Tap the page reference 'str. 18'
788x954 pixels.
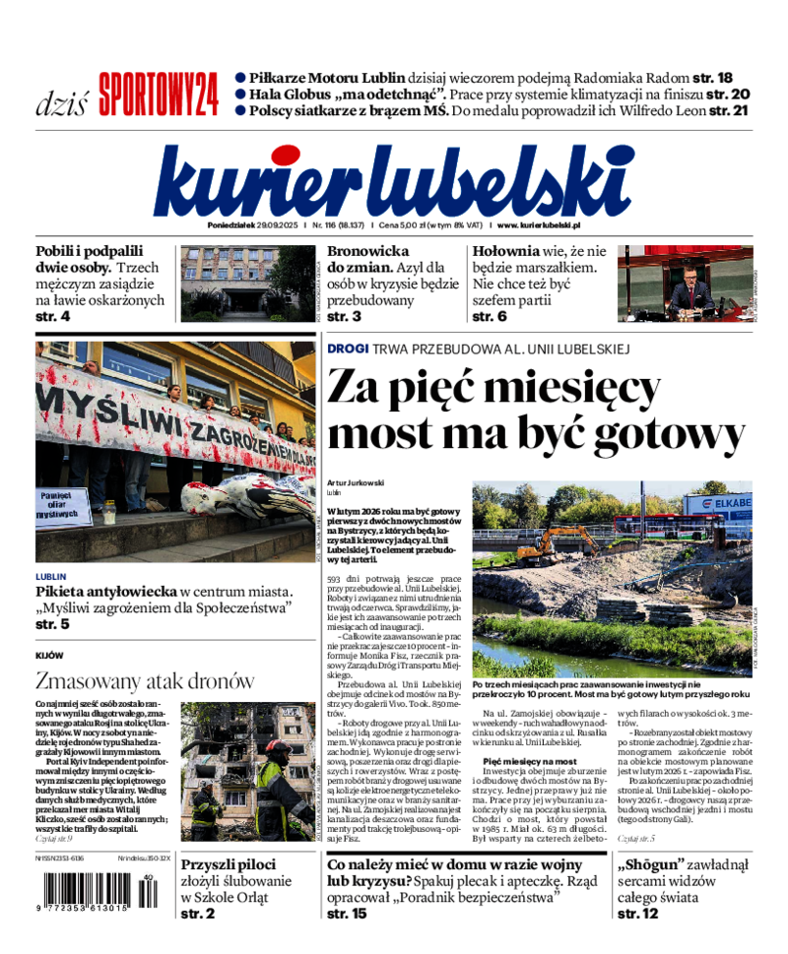711,78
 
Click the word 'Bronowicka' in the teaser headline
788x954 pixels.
367,252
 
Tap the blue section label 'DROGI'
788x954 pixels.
348,349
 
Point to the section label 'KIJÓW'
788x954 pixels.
49,656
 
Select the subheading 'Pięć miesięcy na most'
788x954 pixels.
530,762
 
